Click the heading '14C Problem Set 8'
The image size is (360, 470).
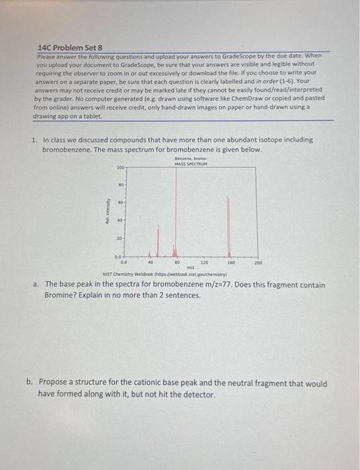click(70, 48)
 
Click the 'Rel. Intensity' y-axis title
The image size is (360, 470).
click(106, 211)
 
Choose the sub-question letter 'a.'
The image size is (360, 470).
click(37, 285)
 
